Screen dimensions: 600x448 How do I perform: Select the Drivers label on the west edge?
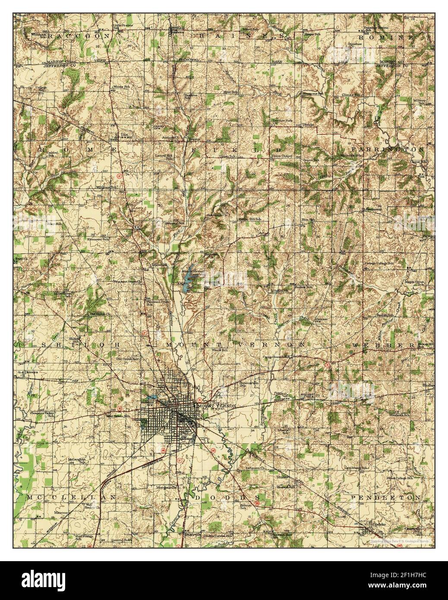pyautogui.click(x=31, y=372)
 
